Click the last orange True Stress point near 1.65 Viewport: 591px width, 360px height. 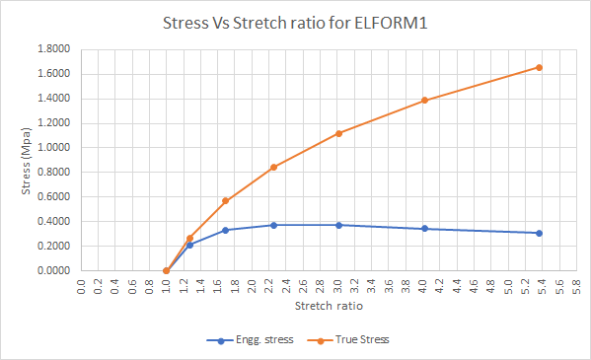pyautogui.click(x=539, y=67)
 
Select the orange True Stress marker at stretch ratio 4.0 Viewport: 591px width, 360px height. pyautogui.click(x=424, y=100)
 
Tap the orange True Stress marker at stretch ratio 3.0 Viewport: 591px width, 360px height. pyautogui.click(x=338, y=133)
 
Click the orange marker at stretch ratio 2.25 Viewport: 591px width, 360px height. pyautogui.click(x=273, y=167)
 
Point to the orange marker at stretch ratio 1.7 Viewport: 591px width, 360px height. pyautogui.click(x=225, y=201)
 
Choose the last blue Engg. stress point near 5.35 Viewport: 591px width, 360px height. pyautogui.click(x=539, y=233)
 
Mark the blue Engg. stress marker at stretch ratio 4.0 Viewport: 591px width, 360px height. pyautogui.click(x=424, y=229)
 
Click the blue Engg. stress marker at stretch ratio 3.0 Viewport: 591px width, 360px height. pyautogui.click(x=338, y=225)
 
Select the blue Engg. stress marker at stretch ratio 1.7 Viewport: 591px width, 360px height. pyautogui.click(x=225, y=230)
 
